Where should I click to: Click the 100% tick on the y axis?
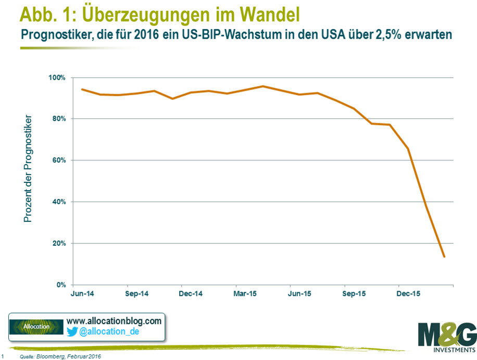(x=58, y=78)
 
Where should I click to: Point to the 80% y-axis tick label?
(x=59, y=119)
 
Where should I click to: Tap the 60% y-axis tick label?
(x=59, y=160)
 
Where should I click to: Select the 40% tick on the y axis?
(x=59, y=202)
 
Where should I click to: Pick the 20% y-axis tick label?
(x=59, y=243)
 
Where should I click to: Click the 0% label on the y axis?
(x=61, y=285)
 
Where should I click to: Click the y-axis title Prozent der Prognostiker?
(x=28, y=169)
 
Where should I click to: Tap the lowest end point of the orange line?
(x=444, y=256)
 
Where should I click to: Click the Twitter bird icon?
(x=71, y=331)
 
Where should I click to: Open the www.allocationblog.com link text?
(x=114, y=321)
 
